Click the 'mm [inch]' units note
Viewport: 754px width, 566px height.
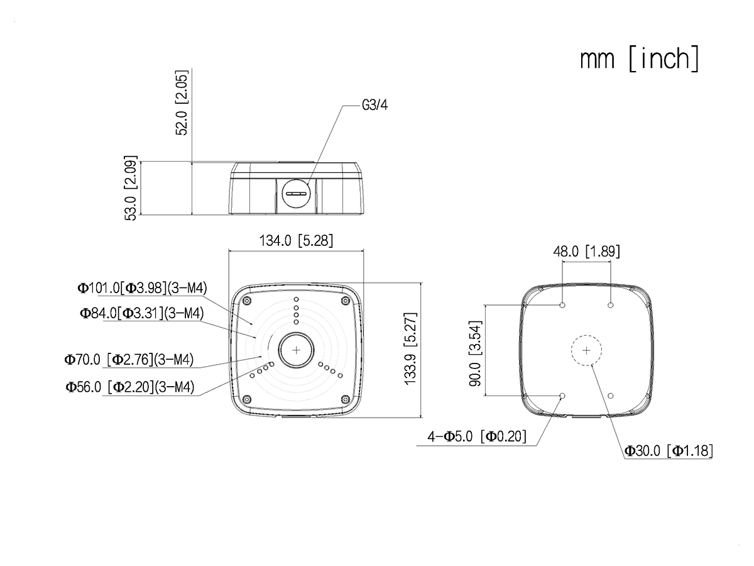[x=639, y=59]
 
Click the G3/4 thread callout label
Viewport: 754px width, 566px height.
[x=375, y=106]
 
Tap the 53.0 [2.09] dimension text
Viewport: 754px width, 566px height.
[x=131, y=187]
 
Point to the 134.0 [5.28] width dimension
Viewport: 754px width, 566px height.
[x=296, y=241]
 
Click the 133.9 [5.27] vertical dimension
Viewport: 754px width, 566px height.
[x=412, y=348]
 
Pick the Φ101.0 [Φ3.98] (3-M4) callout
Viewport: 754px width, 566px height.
[x=142, y=288]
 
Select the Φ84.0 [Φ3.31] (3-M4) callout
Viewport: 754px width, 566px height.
[x=141, y=313]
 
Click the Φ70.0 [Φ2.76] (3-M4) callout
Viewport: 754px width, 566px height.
[x=128, y=360]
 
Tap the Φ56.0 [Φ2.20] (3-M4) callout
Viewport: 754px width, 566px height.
[x=129, y=387]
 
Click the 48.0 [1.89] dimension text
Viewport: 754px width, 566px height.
[x=586, y=252]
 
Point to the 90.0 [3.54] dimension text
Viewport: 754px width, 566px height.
[x=475, y=351]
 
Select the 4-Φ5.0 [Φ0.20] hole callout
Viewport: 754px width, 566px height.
[x=477, y=436]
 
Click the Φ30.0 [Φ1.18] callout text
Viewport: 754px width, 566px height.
[x=669, y=450]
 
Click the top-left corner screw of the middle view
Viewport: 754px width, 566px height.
[x=247, y=301]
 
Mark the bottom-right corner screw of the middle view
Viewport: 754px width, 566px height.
[x=344, y=399]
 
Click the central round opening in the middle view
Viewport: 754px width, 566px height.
[x=295, y=350]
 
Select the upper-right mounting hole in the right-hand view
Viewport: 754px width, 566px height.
[x=610, y=305]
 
